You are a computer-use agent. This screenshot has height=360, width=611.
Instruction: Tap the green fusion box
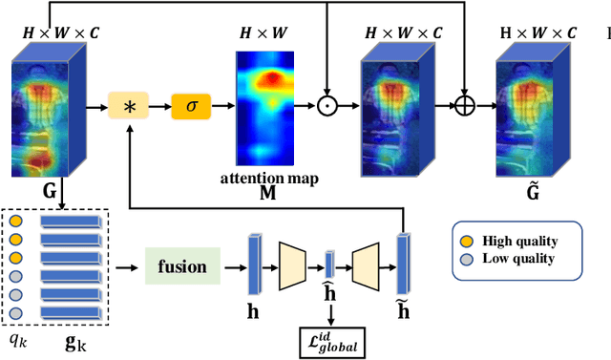[180, 266]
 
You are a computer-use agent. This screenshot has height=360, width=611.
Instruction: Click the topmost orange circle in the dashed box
[15, 222]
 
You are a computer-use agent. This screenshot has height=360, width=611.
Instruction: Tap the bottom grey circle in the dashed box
[15, 313]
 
